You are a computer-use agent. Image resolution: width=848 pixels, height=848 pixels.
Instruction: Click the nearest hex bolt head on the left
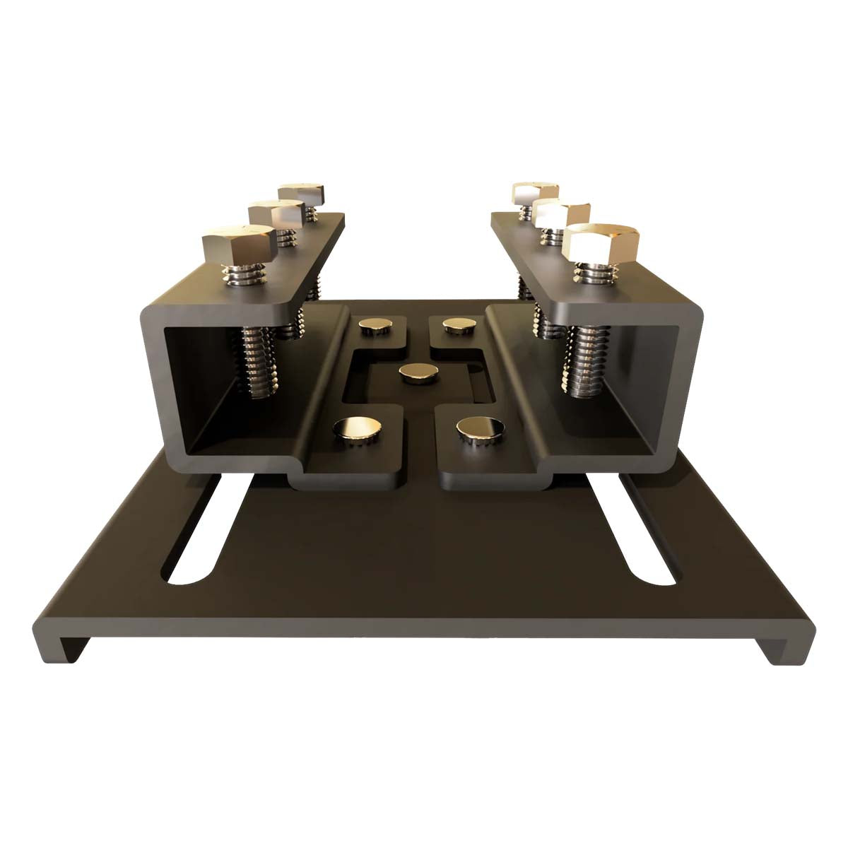point(238,244)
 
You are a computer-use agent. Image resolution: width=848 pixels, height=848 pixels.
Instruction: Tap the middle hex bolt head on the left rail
point(276,214)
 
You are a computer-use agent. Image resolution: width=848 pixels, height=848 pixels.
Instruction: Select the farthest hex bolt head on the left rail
point(301,193)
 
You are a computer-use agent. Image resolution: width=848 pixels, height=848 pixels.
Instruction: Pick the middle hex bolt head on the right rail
point(563,213)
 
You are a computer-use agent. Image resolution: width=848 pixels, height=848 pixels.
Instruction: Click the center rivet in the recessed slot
point(417,374)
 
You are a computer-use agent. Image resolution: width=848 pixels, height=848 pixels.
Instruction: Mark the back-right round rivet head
point(459,324)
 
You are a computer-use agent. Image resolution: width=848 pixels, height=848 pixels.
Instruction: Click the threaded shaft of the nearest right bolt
point(583,360)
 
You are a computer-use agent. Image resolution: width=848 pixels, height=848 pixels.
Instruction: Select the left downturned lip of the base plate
point(68,644)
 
